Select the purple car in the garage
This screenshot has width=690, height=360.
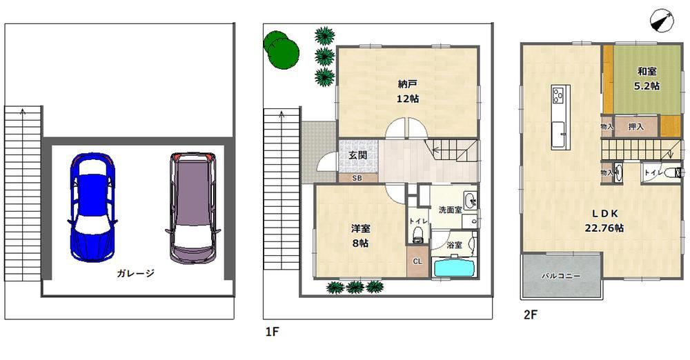193,208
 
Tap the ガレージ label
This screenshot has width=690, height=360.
135,273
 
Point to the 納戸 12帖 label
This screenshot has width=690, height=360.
408,91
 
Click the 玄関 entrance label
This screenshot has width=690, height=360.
357,155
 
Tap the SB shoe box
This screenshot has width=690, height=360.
357,178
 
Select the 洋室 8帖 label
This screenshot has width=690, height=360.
360,236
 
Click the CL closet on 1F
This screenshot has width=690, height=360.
417,261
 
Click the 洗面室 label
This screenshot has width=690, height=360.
450,210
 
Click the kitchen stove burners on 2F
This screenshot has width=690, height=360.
558,95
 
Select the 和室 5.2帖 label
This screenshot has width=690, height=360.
647,79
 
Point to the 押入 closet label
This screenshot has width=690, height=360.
635,127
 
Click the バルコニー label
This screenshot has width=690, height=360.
560,277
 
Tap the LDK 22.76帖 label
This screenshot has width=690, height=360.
604,221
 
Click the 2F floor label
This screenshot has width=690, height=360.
531,314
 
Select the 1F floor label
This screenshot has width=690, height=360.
273,332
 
